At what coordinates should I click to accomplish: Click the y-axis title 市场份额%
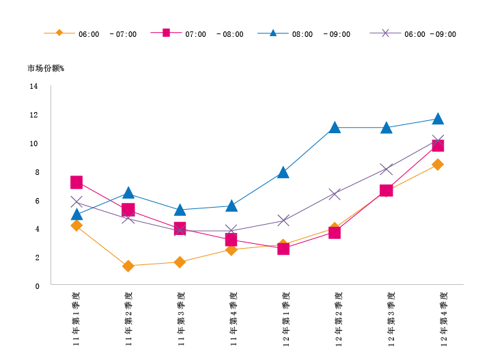tap(46, 68)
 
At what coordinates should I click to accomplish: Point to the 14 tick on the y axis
tap(34, 87)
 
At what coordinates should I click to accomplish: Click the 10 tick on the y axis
tap(34, 144)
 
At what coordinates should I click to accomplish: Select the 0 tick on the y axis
tap(36, 286)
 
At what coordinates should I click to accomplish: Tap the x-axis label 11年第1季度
tap(76, 318)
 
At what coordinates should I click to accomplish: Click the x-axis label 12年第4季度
tap(443, 318)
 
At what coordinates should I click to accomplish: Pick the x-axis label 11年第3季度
tap(181, 318)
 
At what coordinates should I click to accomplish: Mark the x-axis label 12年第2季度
tap(339, 318)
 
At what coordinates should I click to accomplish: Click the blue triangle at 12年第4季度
tap(438, 119)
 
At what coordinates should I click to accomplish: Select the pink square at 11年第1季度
tap(76, 182)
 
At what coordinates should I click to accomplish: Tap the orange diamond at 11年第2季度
tap(128, 266)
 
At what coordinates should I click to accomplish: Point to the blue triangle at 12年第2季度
tap(335, 128)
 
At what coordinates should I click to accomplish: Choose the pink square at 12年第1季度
tap(283, 249)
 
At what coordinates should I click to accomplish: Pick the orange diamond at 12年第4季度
tap(438, 165)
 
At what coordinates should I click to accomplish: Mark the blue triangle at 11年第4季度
tap(231, 206)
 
